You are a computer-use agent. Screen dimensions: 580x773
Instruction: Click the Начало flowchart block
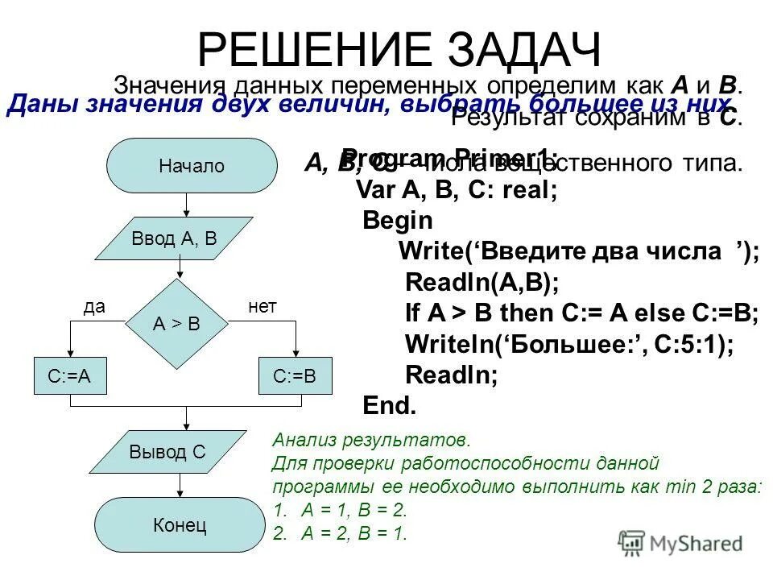tap(191, 166)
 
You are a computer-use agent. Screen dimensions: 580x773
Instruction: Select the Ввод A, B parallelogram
tap(174, 238)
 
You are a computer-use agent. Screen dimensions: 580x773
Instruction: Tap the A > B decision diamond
tap(176, 324)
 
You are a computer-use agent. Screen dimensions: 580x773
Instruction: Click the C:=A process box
tap(70, 376)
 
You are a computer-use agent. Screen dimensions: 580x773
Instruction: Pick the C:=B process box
tap(295, 376)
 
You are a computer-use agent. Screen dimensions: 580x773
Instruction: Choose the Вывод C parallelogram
tap(167, 452)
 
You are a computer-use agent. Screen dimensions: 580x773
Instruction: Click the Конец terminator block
tap(179, 526)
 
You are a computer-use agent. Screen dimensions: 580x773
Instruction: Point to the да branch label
tap(95, 307)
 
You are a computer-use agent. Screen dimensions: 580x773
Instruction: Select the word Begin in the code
tap(398, 221)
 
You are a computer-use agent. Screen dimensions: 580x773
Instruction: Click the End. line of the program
tap(390, 404)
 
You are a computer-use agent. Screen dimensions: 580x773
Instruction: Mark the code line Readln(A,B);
tap(482, 282)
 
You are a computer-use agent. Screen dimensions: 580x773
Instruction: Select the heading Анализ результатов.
tap(370, 441)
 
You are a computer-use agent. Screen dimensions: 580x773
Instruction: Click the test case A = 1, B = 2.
tap(355, 510)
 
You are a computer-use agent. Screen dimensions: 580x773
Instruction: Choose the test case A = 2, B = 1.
tap(355, 532)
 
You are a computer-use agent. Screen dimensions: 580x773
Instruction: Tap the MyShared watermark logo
tap(680, 543)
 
